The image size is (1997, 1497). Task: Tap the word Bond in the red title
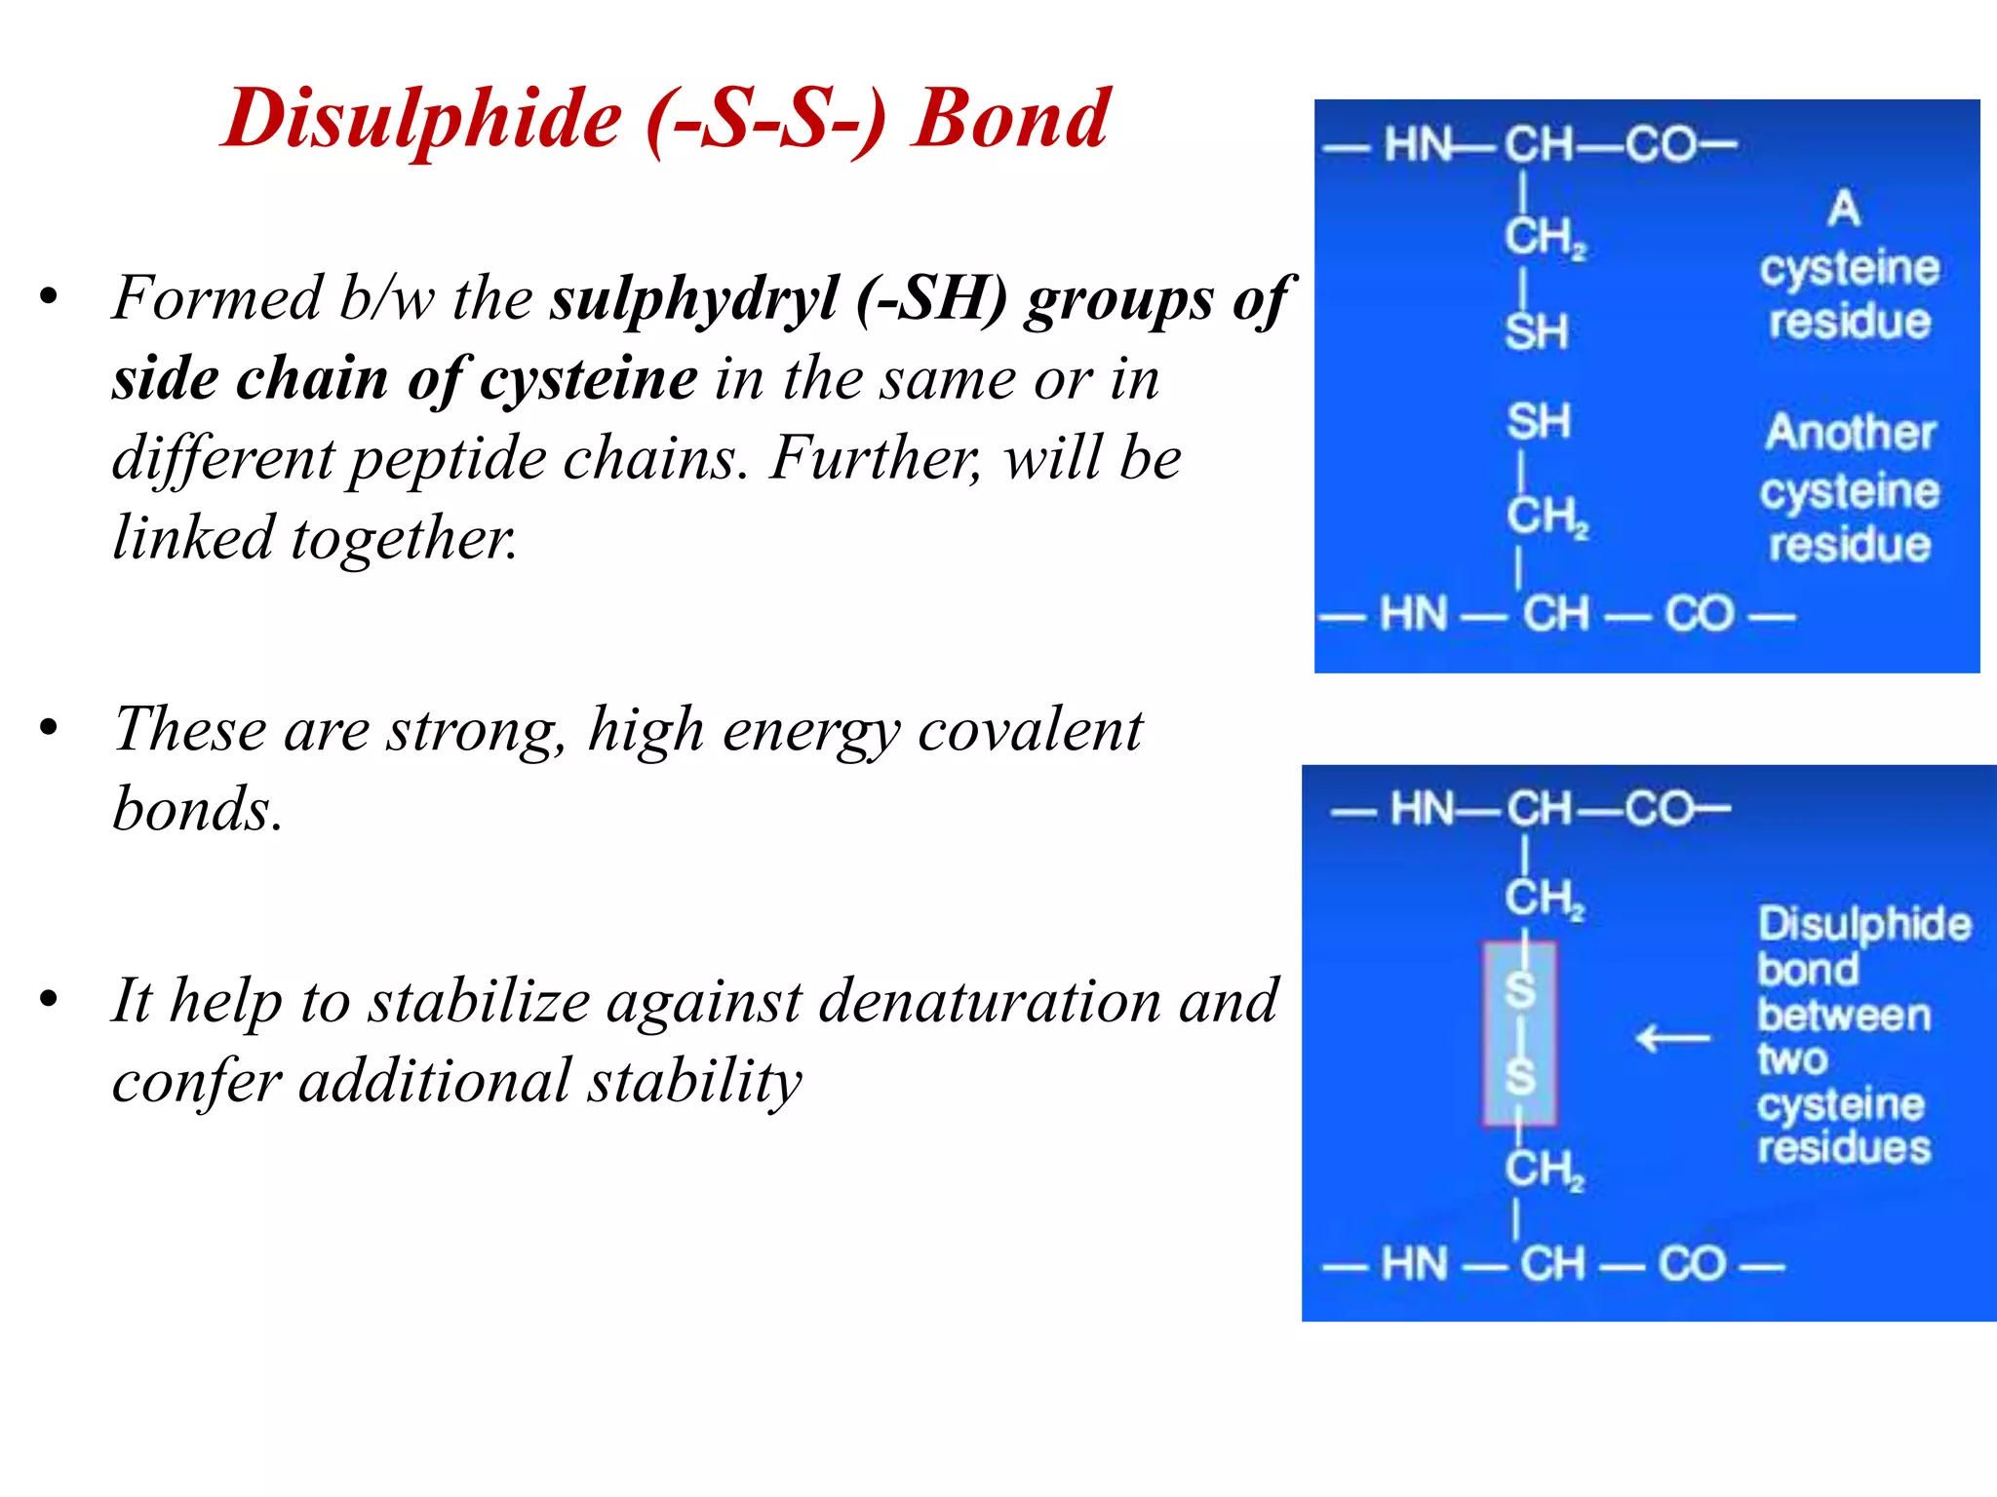(x=1010, y=118)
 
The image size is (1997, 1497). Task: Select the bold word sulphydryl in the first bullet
(x=694, y=299)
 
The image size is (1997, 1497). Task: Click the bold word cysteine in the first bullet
(x=589, y=379)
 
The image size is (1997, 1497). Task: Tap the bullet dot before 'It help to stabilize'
(x=50, y=999)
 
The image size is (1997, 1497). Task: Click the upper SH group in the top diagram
(x=1537, y=332)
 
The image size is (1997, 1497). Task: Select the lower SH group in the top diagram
(x=1539, y=422)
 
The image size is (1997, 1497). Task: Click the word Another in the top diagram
(x=1850, y=433)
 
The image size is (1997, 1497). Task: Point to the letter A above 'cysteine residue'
(x=1844, y=209)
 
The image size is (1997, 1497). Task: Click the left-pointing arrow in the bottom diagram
(x=1673, y=1038)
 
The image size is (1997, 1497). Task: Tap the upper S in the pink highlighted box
(x=1519, y=990)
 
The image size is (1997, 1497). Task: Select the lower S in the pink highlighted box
(x=1519, y=1077)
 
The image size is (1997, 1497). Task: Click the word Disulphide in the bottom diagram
(x=1863, y=924)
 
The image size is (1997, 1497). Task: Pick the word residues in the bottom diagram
(x=1844, y=1147)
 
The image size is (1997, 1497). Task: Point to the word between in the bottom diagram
(x=1844, y=1016)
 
